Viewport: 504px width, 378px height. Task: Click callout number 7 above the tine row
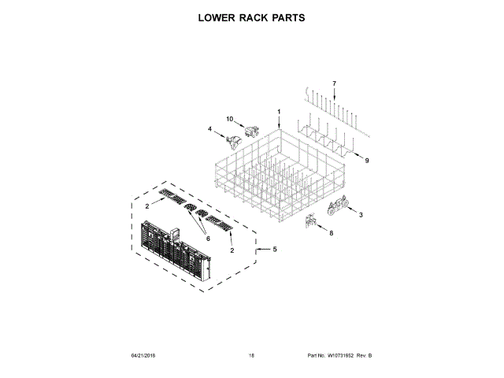tap(334, 83)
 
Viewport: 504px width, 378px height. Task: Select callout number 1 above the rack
tap(278, 111)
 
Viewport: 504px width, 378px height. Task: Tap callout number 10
tap(231, 119)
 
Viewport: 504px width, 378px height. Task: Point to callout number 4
tap(210, 128)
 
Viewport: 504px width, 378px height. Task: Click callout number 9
tap(366, 161)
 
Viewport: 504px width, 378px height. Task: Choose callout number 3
tap(361, 214)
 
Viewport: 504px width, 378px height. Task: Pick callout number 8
tap(331, 233)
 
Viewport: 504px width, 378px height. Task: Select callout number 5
tap(275, 250)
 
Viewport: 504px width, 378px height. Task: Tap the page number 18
tap(251, 356)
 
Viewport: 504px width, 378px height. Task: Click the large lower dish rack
tap(280, 173)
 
